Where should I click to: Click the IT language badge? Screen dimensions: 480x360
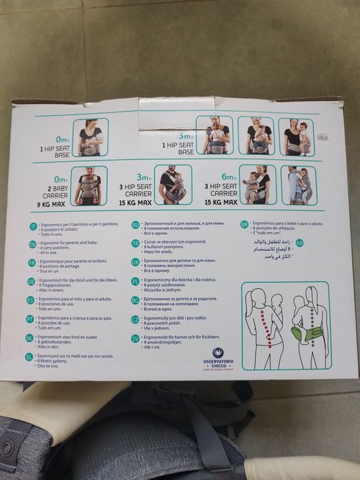click(31, 226)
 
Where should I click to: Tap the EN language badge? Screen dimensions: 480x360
click(32, 245)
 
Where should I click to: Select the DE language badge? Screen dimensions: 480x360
click(31, 281)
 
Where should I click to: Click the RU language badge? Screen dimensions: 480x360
click(135, 225)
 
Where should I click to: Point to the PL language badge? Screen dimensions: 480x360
click(135, 281)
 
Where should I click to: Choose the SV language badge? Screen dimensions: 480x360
click(135, 338)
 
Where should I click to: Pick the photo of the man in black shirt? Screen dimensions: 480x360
click(173, 185)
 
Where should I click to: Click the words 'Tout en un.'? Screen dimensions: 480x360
click(58, 272)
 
